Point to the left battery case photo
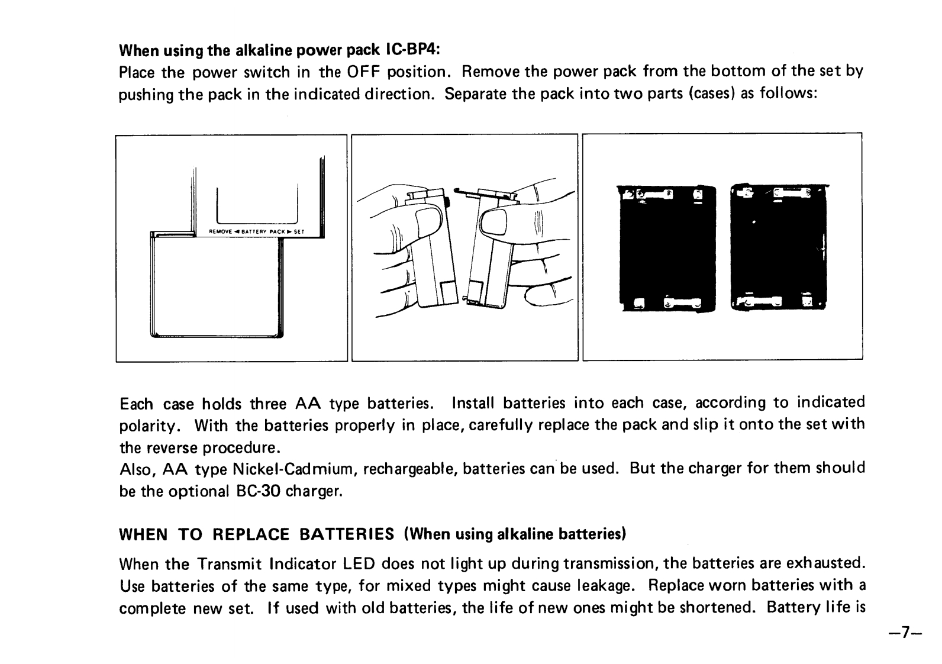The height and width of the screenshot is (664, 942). point(667,248)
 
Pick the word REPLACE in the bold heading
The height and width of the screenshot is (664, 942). point(250,534)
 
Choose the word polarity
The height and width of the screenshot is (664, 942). point(150,426)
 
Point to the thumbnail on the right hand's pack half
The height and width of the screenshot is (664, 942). point(495,223)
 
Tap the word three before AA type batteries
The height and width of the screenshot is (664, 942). point(269,404)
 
